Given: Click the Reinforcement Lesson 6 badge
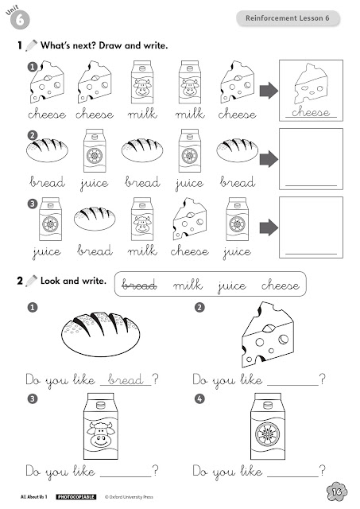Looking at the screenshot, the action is pos(288,18).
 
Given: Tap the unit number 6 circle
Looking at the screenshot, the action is pos(20,20).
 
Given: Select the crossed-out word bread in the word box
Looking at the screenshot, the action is pos(139,285).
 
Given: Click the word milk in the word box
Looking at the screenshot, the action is pos(188,285).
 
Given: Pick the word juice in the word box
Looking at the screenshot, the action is pos(232,286).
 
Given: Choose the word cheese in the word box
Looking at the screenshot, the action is pos(281,285).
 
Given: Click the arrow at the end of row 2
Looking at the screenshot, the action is pos(269,159).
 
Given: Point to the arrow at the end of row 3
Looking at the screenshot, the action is pos(269,227).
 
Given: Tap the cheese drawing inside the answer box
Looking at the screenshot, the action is pos(311,84).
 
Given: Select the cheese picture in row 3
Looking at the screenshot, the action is pos(190,219).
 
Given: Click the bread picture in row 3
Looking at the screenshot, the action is pos(95,219).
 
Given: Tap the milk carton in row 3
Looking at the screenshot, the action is pos(142,220).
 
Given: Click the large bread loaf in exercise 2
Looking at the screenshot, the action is pos(101,334).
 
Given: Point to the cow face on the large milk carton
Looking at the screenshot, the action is pos(101,434).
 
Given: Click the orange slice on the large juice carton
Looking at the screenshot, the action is pos(268,434).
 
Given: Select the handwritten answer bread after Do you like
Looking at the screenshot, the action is pos(126,379).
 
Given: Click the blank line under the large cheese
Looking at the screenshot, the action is pos(293,385).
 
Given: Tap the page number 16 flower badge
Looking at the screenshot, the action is pos(337,492).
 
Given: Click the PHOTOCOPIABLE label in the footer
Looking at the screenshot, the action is pos(75,496).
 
